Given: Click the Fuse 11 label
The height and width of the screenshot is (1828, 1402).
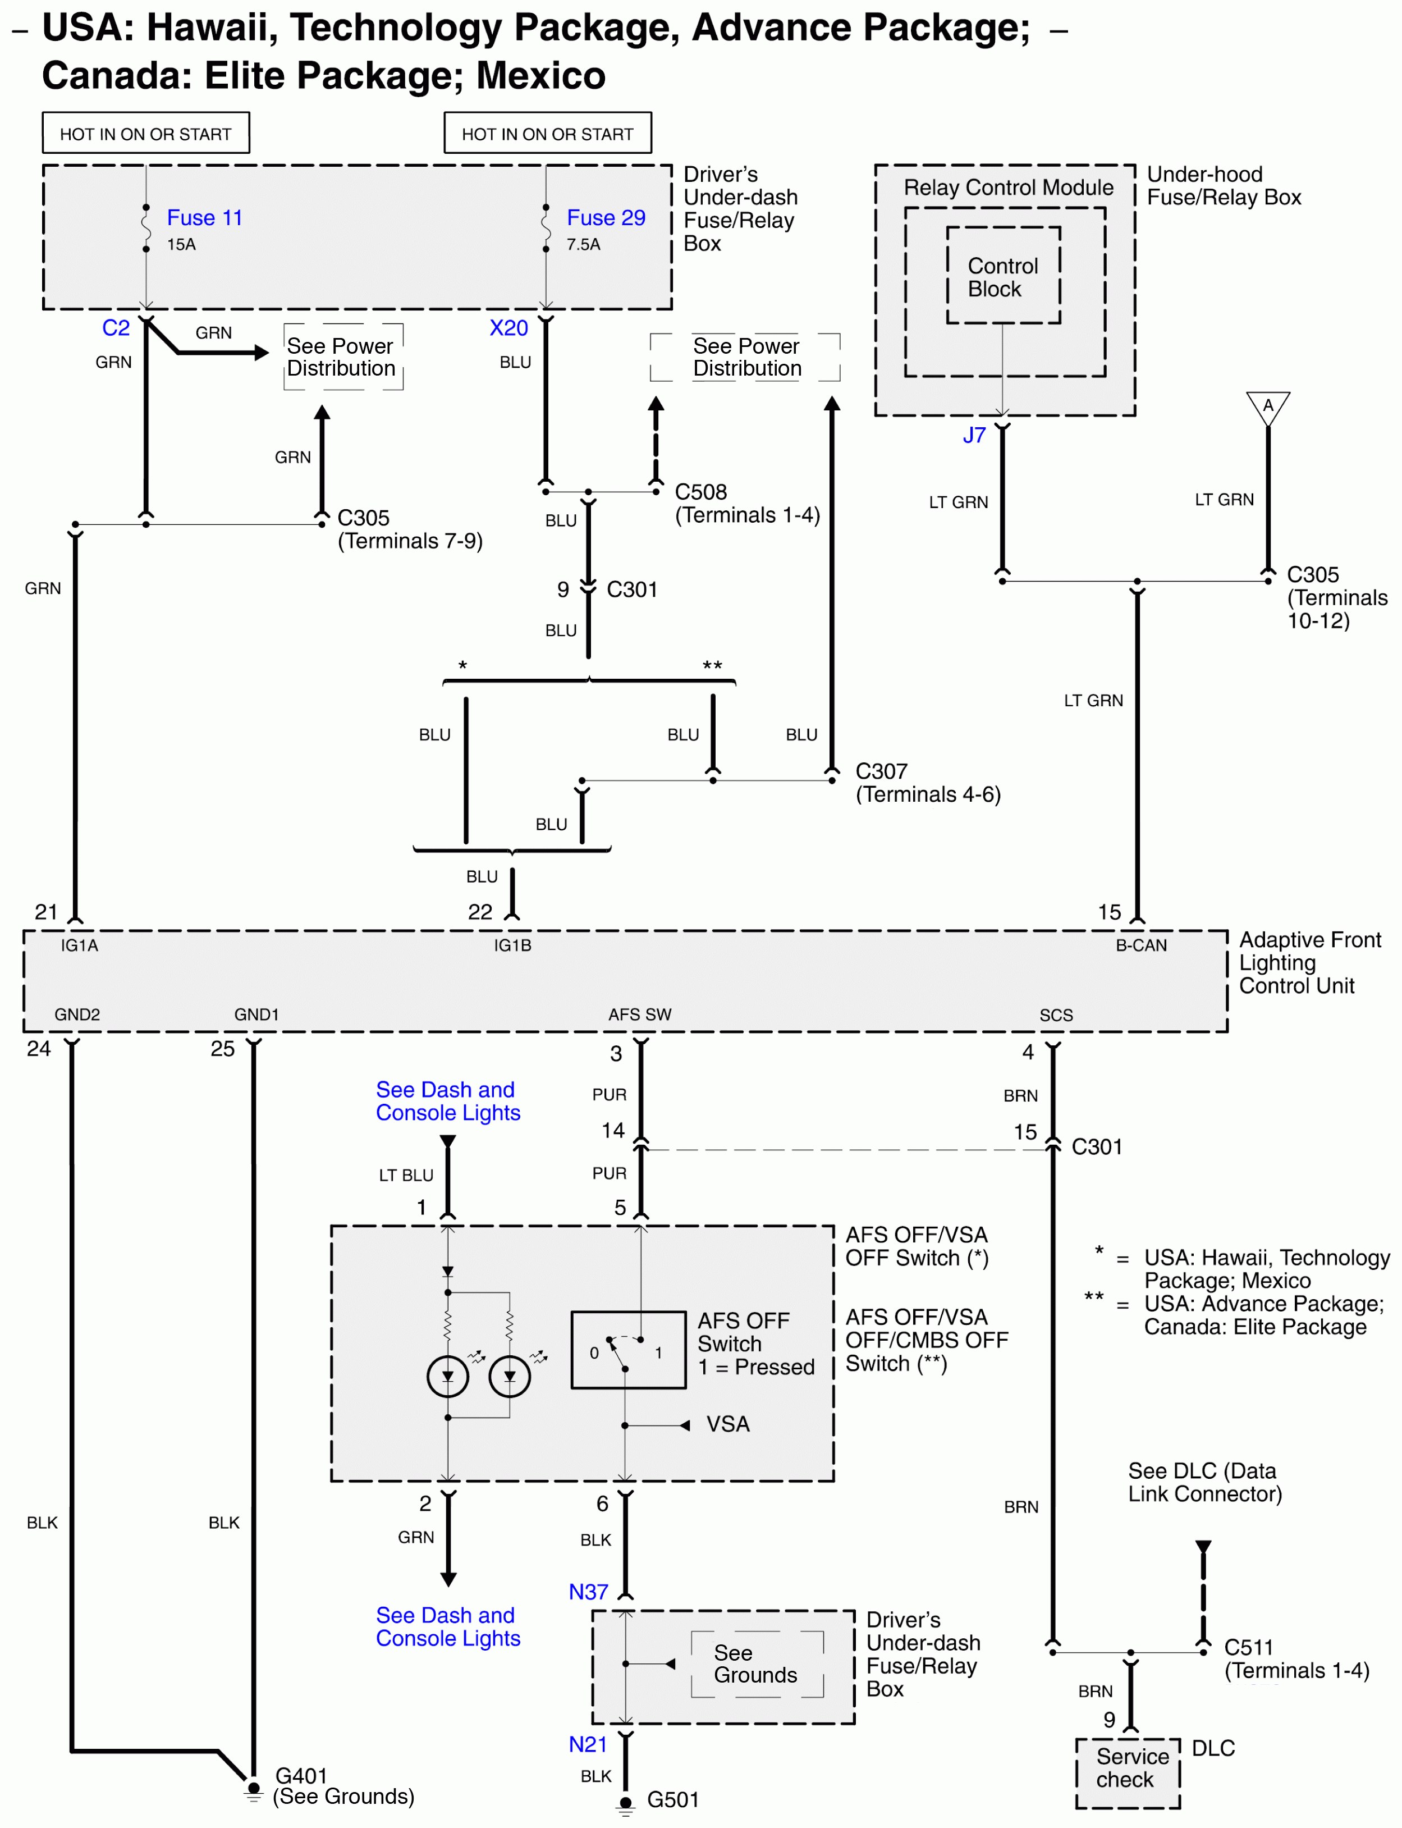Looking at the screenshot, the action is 204,218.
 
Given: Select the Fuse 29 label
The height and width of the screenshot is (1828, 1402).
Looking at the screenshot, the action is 606,218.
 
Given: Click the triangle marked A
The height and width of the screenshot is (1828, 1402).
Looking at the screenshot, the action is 1268,408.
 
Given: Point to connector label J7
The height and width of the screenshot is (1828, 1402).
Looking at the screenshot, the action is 974,435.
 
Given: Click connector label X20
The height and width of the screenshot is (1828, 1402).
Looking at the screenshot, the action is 508,328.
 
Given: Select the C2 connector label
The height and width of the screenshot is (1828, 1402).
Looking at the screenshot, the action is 116,328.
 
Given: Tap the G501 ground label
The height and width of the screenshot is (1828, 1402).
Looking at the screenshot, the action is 672,1799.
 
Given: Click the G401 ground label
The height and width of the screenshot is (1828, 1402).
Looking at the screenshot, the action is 301,1775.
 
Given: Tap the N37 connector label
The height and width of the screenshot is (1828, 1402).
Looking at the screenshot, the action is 588,1592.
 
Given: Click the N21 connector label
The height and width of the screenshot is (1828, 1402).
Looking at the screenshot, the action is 588,1744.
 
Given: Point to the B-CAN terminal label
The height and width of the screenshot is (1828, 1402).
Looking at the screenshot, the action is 1141,945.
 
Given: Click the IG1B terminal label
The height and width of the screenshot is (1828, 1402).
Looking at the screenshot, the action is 512,945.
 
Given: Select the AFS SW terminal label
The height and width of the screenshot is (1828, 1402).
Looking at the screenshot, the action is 639,1015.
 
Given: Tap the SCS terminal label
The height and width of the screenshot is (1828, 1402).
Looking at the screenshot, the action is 1056,1015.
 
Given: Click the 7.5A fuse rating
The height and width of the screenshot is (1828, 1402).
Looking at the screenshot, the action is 583,245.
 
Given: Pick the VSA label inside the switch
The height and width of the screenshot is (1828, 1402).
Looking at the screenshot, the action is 728,1424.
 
